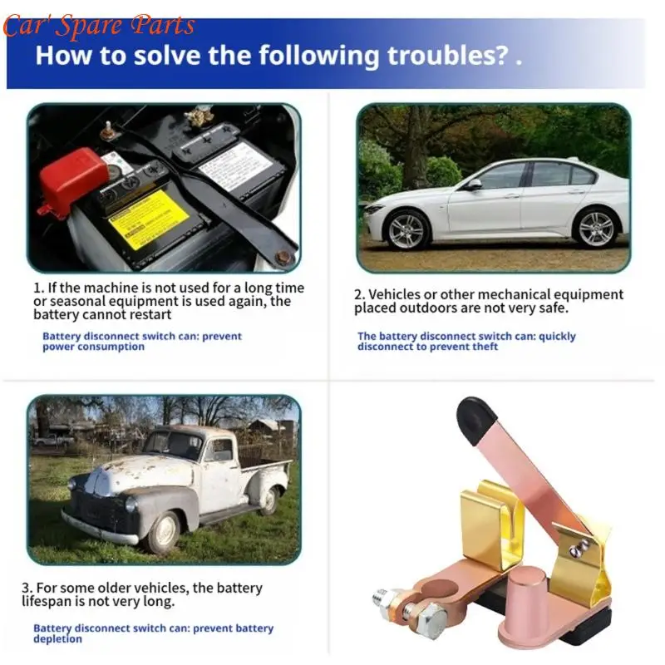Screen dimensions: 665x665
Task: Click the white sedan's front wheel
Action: tap(406, 231)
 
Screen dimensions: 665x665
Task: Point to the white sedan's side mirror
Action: tap(473, 185)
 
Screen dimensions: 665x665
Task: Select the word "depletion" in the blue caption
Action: tap(57, 638)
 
